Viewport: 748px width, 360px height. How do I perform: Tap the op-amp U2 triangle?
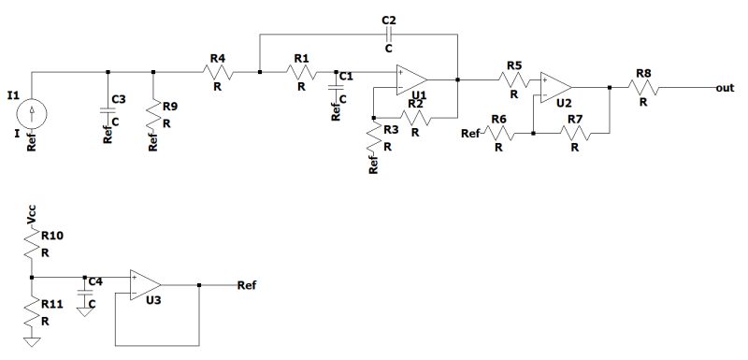tap(556, 88)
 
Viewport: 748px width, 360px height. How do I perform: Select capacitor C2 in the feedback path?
tap(389, 34)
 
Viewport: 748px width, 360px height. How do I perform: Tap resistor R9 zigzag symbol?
tap(153, 114)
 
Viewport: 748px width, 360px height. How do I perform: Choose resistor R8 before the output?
tap(643, 88)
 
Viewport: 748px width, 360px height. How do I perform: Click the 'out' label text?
tap(723, 87)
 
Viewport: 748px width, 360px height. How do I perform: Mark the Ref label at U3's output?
tap(248, 283)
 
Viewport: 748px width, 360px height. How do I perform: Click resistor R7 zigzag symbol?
tap(572, 134)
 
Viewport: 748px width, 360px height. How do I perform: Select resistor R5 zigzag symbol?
tap(513, 80)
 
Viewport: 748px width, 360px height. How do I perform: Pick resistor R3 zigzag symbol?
tap(374, 137)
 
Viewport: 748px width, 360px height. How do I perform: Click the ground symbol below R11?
tap(32, 340)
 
